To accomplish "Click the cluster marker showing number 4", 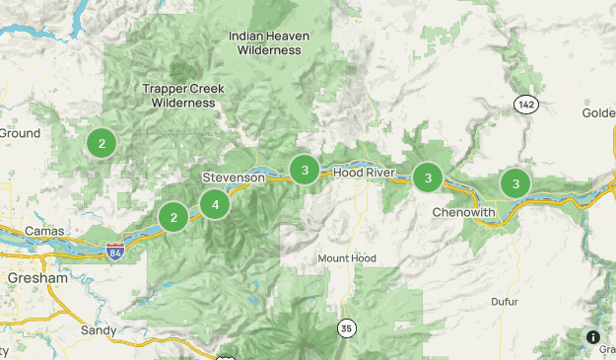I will click(214, 204).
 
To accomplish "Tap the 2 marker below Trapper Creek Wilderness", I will click(101, 143).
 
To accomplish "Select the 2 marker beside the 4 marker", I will click(173, 217).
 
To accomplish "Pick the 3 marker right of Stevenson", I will click(305, 170).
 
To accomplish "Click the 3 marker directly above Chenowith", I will click(427, 178).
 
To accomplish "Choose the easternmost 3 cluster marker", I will click(514, 182).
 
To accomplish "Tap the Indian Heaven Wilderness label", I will click(269, 43).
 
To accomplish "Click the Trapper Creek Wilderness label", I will click(182, 95).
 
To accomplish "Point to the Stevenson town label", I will click(234, 178).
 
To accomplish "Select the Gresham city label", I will click(35, 279).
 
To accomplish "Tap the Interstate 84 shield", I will click(115, 252).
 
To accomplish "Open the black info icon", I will click(593, 337).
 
